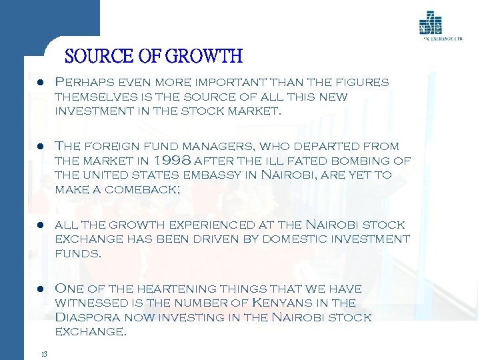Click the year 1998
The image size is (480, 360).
point(175,161)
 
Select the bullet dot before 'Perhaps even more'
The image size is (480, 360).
point(41,83)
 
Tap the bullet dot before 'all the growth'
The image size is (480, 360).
point(41,225)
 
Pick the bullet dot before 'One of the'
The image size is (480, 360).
point(41,290)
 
